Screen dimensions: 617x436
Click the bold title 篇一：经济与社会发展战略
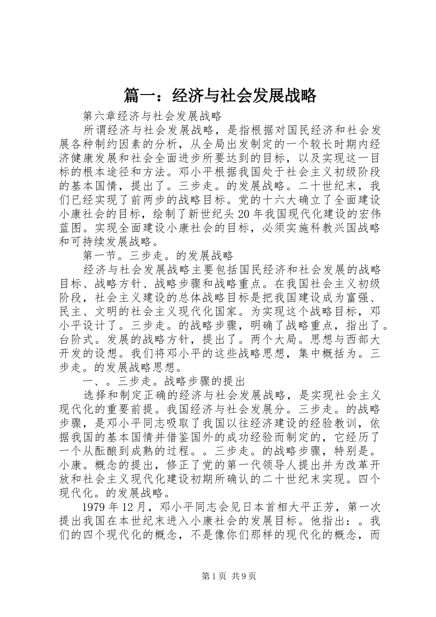point(220,96)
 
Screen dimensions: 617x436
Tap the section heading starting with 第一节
point(158,256)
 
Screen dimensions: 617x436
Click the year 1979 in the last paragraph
point(95,507)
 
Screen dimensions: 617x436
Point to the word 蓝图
point(72,228)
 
